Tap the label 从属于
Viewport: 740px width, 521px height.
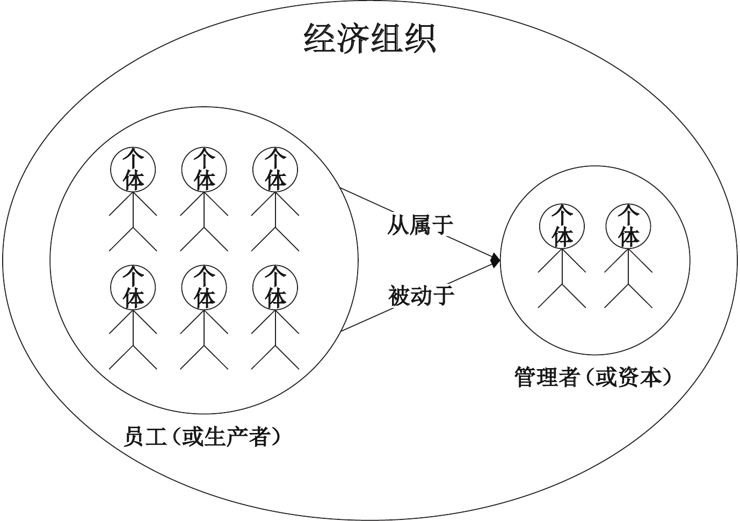click(420, 225)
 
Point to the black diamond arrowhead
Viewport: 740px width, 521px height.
click(495, 261)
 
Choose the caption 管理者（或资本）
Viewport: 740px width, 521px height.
click(594, 377)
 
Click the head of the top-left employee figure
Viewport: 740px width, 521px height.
click(133, 169)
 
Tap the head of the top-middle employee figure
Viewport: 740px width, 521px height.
click(204, 169)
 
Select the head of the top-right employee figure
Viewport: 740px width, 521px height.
click(275, 169)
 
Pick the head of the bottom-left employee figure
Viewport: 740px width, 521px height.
click(133, 287)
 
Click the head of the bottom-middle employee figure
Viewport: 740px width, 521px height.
click(204, 287)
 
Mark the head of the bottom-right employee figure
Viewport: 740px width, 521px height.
click(275, 287)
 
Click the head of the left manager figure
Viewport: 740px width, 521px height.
click(562, 226)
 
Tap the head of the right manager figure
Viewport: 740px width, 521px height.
click(628, 226)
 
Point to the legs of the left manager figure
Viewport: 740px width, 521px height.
click(562, 295)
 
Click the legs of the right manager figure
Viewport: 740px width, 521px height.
click(628, 295)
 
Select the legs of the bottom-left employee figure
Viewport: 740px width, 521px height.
click(133, 357)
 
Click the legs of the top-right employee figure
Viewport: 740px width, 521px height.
click(275, 238)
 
